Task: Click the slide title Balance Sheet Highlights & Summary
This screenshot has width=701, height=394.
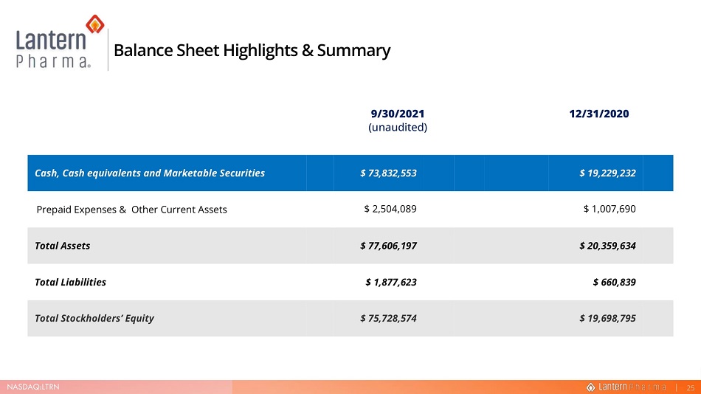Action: click(x=252, y=50)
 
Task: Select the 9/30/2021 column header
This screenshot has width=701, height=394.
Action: click(x=398, y=114)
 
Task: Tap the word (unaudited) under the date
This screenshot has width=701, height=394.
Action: click(x=398, y=128)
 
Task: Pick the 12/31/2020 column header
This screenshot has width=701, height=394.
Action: click(x=599, y=114)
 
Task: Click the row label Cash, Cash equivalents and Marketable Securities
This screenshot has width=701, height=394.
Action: click(x=150, y=173)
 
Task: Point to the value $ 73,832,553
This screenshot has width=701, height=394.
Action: click(x=388, y=173)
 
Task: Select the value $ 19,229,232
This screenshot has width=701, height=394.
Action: click(x=607, y=173)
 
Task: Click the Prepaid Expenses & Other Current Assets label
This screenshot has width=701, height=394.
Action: click(x=132, y=210)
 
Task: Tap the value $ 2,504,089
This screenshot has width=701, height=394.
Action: click(x=390, y=209)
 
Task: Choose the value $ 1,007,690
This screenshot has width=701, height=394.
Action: click(x=610, y=209)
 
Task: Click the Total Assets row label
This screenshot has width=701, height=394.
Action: click(x=63, y=246)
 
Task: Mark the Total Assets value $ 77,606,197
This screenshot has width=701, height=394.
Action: click(x=388, y=246)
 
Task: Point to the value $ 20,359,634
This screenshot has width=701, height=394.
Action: click(x=607, y=246)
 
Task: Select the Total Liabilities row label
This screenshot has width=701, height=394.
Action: click(x=71, y=282)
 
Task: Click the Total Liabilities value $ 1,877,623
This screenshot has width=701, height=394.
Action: click(x=391, y=282)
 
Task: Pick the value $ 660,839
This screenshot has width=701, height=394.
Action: click(x=614, y=282)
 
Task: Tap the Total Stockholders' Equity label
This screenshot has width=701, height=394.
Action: click(x=94, y=319)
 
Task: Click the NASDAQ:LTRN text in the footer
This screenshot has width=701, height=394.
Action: click(x=33, y=387)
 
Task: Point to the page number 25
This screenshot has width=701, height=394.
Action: click(x=691, y=388)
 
